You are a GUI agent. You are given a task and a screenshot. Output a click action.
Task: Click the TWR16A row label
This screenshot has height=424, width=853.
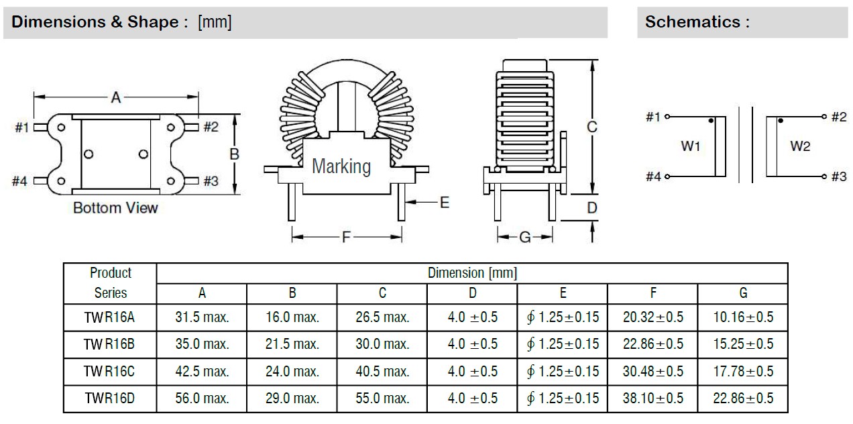point(110,317)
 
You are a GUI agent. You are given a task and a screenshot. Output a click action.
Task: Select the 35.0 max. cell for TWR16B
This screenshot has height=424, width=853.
point(202,344)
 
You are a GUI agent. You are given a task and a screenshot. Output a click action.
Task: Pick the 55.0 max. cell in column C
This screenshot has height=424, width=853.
point(382,399)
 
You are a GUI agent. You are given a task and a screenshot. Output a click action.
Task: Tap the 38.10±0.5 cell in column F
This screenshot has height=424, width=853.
point(653,399)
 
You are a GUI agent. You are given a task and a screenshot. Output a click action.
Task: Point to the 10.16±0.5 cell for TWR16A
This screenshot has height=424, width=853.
point(743,317)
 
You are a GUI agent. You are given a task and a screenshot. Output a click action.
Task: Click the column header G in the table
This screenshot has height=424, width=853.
point(743,293)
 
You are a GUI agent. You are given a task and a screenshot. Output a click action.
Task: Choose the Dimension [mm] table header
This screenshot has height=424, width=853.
point(472,273)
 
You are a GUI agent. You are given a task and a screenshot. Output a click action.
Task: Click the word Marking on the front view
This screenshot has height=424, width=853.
point(341,166)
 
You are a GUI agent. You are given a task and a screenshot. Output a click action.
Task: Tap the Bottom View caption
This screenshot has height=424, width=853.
point(115,208)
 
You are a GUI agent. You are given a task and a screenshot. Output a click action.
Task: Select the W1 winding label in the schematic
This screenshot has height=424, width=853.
point(691,147)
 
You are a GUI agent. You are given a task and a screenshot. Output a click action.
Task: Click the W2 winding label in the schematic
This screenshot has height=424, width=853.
point(800,147)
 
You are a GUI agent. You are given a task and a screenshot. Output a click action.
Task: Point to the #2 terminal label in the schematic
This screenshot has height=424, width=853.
point(838,117)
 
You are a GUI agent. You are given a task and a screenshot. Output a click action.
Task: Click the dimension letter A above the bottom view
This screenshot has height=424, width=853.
point(115,98)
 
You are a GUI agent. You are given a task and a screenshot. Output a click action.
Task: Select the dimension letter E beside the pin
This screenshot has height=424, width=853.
point(444,202)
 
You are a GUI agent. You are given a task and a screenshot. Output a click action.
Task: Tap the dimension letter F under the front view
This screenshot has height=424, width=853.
point(346,236)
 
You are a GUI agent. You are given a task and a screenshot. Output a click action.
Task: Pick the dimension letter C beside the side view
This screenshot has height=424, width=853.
point(592,127)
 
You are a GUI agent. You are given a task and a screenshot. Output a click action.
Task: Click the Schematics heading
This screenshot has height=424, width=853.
point(697,21)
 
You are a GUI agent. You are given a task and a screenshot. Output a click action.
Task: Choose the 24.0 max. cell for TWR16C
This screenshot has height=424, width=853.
point(292,371)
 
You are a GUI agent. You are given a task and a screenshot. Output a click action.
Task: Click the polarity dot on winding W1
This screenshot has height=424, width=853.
point(711,121)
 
